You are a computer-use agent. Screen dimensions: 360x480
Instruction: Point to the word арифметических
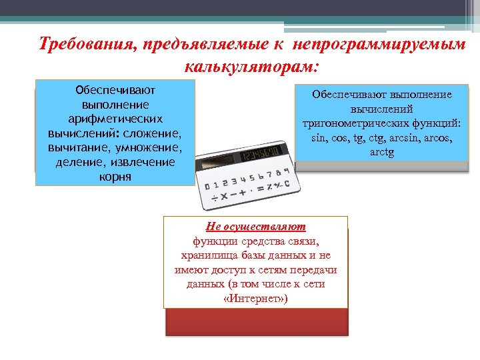(x=115, y=118)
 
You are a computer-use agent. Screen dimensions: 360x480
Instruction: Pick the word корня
(x=115, y=177)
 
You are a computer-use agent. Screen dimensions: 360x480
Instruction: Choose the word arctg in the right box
(x=383, y=153)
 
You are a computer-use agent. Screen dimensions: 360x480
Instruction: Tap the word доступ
(x=254, y=269)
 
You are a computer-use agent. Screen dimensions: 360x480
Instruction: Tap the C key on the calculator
(x=287, y=183)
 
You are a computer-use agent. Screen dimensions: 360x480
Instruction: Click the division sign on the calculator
(x=215, y=199)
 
